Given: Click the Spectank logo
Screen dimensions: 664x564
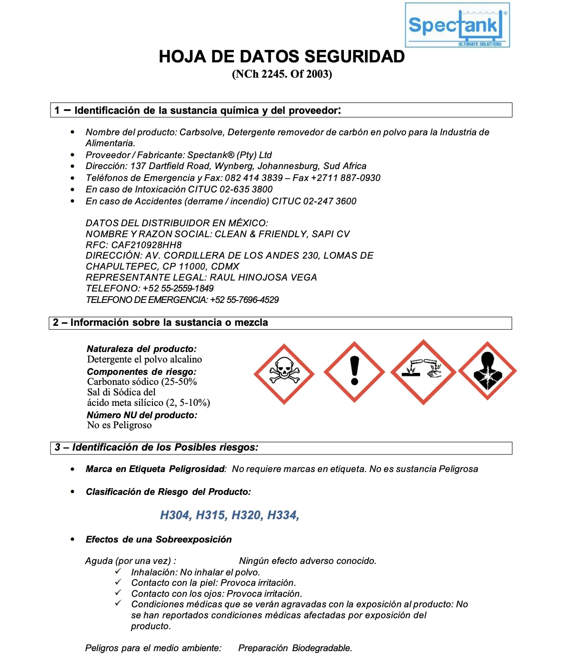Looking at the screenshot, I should [x=457, y=25].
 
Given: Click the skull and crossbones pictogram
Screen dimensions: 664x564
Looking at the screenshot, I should [x=284, y=374].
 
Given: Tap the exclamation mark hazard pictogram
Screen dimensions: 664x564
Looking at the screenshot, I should [x=354, y=372].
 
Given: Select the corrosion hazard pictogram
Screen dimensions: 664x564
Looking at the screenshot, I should [x=423, y=372].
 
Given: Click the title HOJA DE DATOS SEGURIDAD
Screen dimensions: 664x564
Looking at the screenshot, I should [x=282, y=57].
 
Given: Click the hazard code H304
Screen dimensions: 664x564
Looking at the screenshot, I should [x=176, y=515].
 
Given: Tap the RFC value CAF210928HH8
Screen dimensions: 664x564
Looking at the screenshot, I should [x=147, y=245].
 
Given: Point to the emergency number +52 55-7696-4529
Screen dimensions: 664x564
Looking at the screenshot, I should [x=244, y=300].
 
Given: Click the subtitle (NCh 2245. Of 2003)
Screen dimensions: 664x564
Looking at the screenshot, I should [x=282, y=74].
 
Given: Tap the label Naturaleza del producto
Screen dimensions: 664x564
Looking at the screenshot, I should [x=141, y=349].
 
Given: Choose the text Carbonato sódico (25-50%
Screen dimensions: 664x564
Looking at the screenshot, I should [x=142, y=382].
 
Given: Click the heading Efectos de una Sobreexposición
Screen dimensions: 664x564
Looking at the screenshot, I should [x=159, y=539].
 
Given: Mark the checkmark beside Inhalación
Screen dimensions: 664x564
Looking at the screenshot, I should [x=118, y=571].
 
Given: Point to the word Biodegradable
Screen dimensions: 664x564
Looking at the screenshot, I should [x=322, y=648].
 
